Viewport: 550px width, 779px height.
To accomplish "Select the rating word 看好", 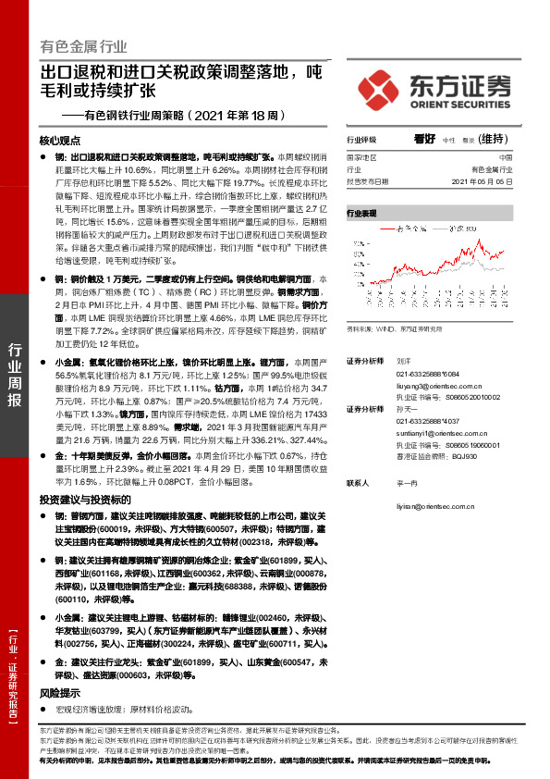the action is coord(424,139).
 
